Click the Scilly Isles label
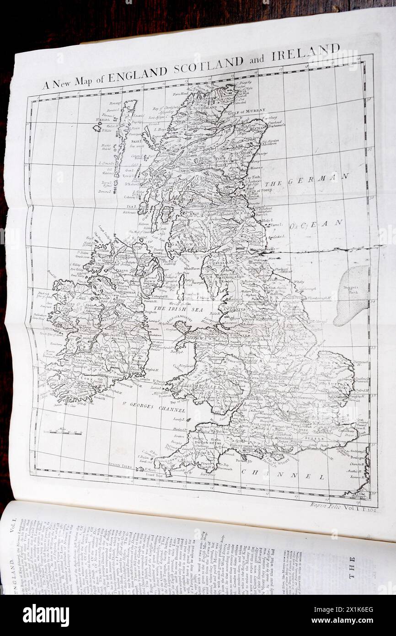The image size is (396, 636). click(120, 467)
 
